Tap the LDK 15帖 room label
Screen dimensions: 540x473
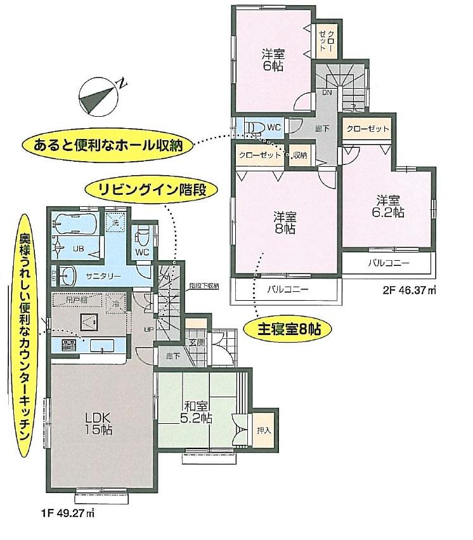(98, 423)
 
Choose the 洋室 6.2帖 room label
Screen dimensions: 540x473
(388, 206)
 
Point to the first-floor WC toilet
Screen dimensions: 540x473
(143, 236)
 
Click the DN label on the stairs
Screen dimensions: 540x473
(327, 93)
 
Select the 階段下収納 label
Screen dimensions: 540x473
(204, 286)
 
